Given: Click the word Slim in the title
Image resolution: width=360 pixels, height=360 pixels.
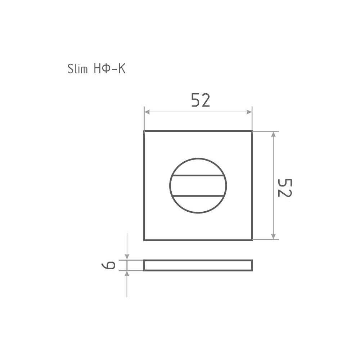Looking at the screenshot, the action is click(78, 69).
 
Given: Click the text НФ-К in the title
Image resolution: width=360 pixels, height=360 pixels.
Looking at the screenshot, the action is click(110, 68).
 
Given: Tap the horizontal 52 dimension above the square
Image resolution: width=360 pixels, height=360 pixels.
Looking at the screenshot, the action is click(201, 100).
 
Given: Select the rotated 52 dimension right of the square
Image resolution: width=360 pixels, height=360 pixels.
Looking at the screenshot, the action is click(285, 188).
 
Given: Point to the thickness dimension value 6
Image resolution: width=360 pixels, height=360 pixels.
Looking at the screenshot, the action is click(108, 265).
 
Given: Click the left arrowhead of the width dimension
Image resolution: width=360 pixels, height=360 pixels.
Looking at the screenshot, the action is click(147, 112).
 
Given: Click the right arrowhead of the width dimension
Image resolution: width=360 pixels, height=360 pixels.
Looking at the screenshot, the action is click(249, 112).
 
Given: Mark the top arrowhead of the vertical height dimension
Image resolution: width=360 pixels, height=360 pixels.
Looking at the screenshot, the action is click(273, 134).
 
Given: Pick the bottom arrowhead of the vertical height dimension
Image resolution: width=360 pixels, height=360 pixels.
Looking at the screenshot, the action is click(273, 236).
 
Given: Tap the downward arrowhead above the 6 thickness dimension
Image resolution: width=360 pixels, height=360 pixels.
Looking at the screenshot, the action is click(127, 257).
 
